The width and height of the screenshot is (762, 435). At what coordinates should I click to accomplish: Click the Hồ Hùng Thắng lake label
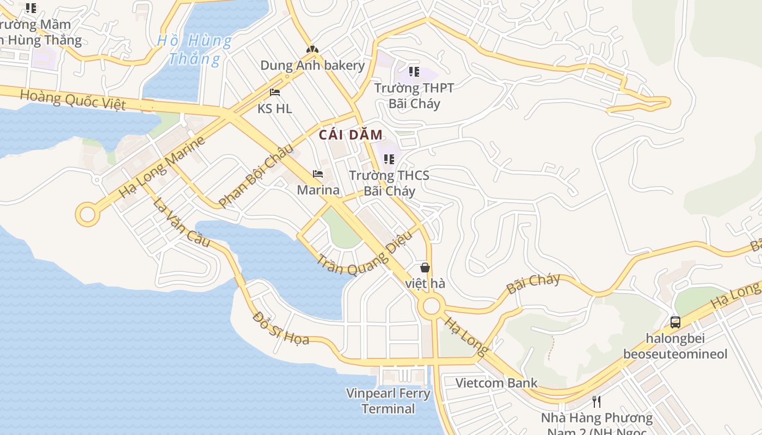(194, 49)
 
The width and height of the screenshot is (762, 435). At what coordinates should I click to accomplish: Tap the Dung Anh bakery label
(312, 66)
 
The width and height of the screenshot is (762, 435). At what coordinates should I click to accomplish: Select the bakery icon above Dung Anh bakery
(312, 49)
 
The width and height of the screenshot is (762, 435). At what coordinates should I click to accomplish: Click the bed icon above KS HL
(275, 92)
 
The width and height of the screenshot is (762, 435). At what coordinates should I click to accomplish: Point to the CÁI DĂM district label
(351, 135)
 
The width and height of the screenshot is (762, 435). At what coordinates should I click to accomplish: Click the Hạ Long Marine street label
(162, 166)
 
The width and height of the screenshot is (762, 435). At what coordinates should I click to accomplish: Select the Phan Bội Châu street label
(256, 175)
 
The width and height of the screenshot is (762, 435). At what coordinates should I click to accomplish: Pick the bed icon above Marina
(318, 174)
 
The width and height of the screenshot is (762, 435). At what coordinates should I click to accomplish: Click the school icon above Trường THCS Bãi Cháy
(389, 159)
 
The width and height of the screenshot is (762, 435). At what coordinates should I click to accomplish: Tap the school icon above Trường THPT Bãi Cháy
(414, 72)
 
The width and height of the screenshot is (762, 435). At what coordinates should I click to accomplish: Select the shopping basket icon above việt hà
(425, 268)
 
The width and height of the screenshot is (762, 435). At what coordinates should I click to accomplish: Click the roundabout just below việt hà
(431, 306)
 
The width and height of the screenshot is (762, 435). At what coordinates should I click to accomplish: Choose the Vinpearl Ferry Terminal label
(389, 401)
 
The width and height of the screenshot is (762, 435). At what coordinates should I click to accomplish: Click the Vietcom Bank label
(496, 383)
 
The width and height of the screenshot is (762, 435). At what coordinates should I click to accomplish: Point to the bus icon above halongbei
(675, 322)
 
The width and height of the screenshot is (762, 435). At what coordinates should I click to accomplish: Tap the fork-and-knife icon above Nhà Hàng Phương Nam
(597, 402)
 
